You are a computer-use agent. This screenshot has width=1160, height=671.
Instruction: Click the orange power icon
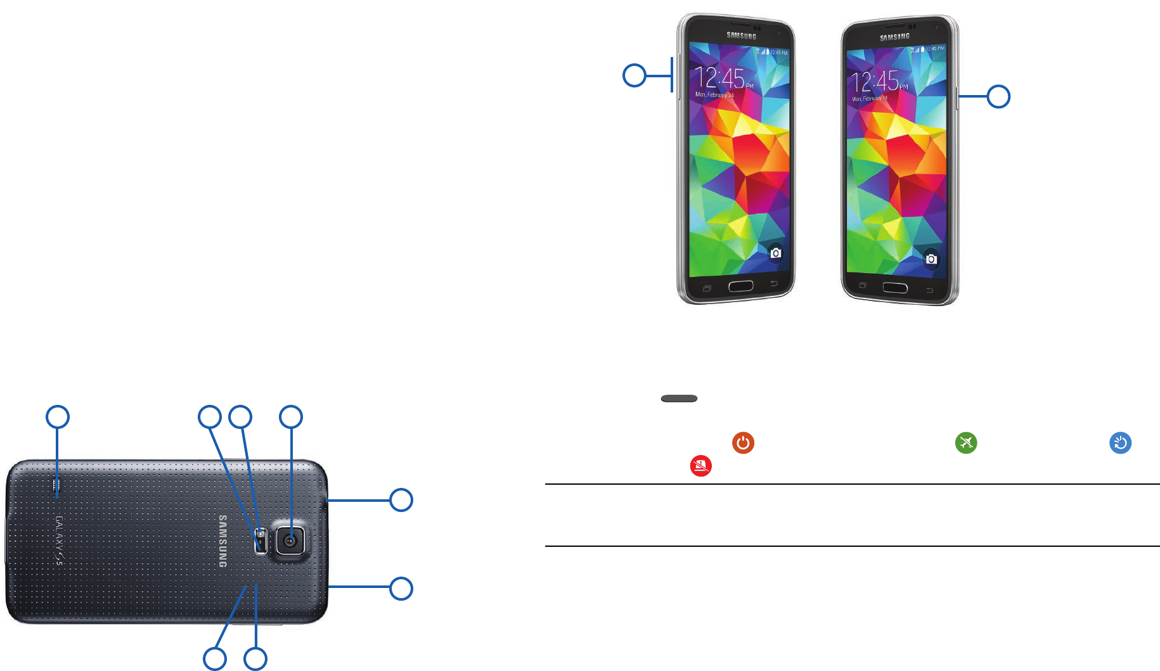(x=743, y=442)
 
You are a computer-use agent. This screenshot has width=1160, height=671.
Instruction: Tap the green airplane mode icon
(x=966, y=442)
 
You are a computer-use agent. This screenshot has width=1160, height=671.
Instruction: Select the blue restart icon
(x=1120, y=442)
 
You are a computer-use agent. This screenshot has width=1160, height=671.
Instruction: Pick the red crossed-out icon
(x=700, y=466)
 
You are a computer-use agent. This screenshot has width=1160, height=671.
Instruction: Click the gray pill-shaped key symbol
(x=679, y=399)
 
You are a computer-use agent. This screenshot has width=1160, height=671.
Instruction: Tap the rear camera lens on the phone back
(x=290, y=540)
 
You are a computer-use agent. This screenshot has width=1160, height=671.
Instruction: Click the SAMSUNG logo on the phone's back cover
(x=222, y=541)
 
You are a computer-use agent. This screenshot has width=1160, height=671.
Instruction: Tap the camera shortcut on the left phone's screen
(x=775, y=253)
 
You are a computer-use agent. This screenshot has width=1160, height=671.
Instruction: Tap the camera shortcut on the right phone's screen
(x=931, y=259)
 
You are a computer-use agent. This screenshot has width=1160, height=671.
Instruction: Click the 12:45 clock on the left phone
(x=721, y=79)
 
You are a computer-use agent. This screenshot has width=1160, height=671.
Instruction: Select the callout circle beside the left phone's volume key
(x=634, y=75)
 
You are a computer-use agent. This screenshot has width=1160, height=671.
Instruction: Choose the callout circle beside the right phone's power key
(x=998, y=96)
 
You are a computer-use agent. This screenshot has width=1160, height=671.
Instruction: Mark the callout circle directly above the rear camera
(x=291, y=417)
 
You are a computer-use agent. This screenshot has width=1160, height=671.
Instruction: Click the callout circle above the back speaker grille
(x=58, y=417)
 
